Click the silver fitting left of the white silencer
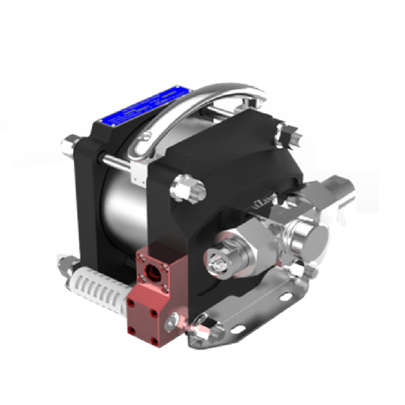[64, 264]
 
